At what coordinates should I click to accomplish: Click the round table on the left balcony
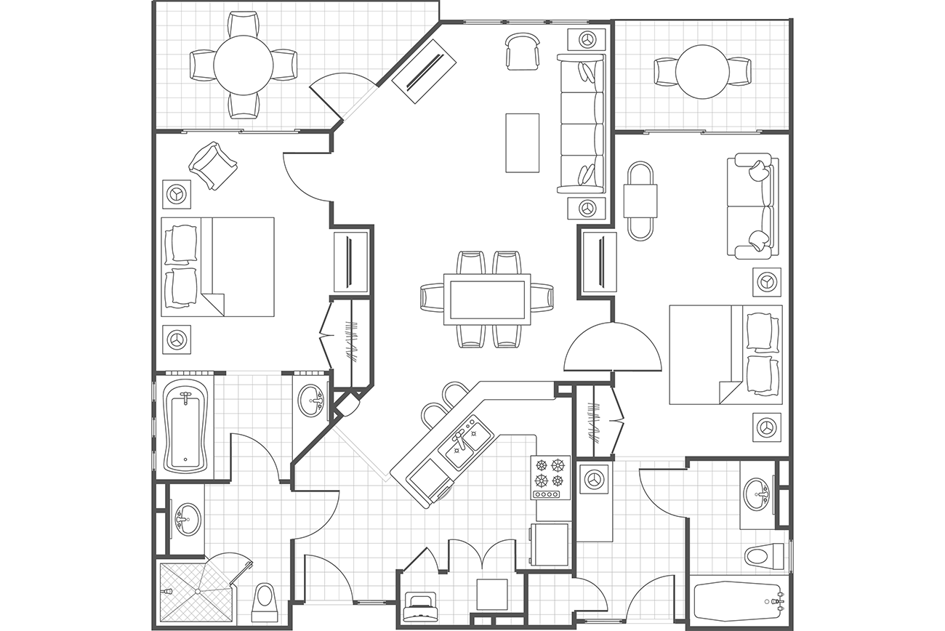point(243,65)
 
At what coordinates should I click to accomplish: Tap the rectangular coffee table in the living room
point(522,142)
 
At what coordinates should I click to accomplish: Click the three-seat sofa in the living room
point(582,124)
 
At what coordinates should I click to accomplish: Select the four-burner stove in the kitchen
point(550,477)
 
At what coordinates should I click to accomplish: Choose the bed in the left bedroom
point(217,267)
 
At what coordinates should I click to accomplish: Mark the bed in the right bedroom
point(725,354)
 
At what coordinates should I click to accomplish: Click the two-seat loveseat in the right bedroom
point(753,206)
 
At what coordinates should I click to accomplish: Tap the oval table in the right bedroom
point(640,201)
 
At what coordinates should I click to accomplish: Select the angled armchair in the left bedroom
point(212,166)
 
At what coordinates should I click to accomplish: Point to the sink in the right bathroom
point(759,495)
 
